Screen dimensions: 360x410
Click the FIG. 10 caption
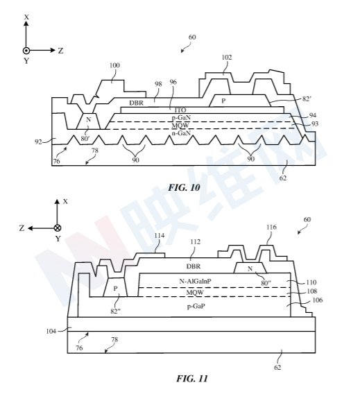(x=184, y=187)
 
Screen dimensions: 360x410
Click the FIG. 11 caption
(x=192, y=378)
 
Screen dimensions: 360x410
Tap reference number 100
(x=114, y=65)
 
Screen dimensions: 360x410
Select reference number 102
(x=226, y=58)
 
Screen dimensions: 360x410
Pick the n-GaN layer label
(x=181, y=133)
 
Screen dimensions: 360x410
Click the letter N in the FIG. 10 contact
(x=88, y=120)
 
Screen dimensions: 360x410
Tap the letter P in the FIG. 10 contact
(x=223, y=101)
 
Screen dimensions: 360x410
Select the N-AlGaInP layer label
(x=195, y=281)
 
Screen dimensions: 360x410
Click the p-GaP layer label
(x=196, y=307)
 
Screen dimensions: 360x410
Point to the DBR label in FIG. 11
(x=194, y=266)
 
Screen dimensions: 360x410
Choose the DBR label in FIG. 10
(x=137, y=103)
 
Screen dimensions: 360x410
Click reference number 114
(x=160, y=236)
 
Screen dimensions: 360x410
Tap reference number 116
(x=271, y=227)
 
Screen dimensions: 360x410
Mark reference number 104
(x=51, y=332)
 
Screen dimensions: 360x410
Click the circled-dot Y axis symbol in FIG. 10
(x=26, y=51)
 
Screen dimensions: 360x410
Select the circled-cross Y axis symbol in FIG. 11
(x=58, y=228)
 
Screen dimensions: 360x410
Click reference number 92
(x=38, y=142)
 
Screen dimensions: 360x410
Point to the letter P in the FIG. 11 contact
(x=115, y=289)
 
